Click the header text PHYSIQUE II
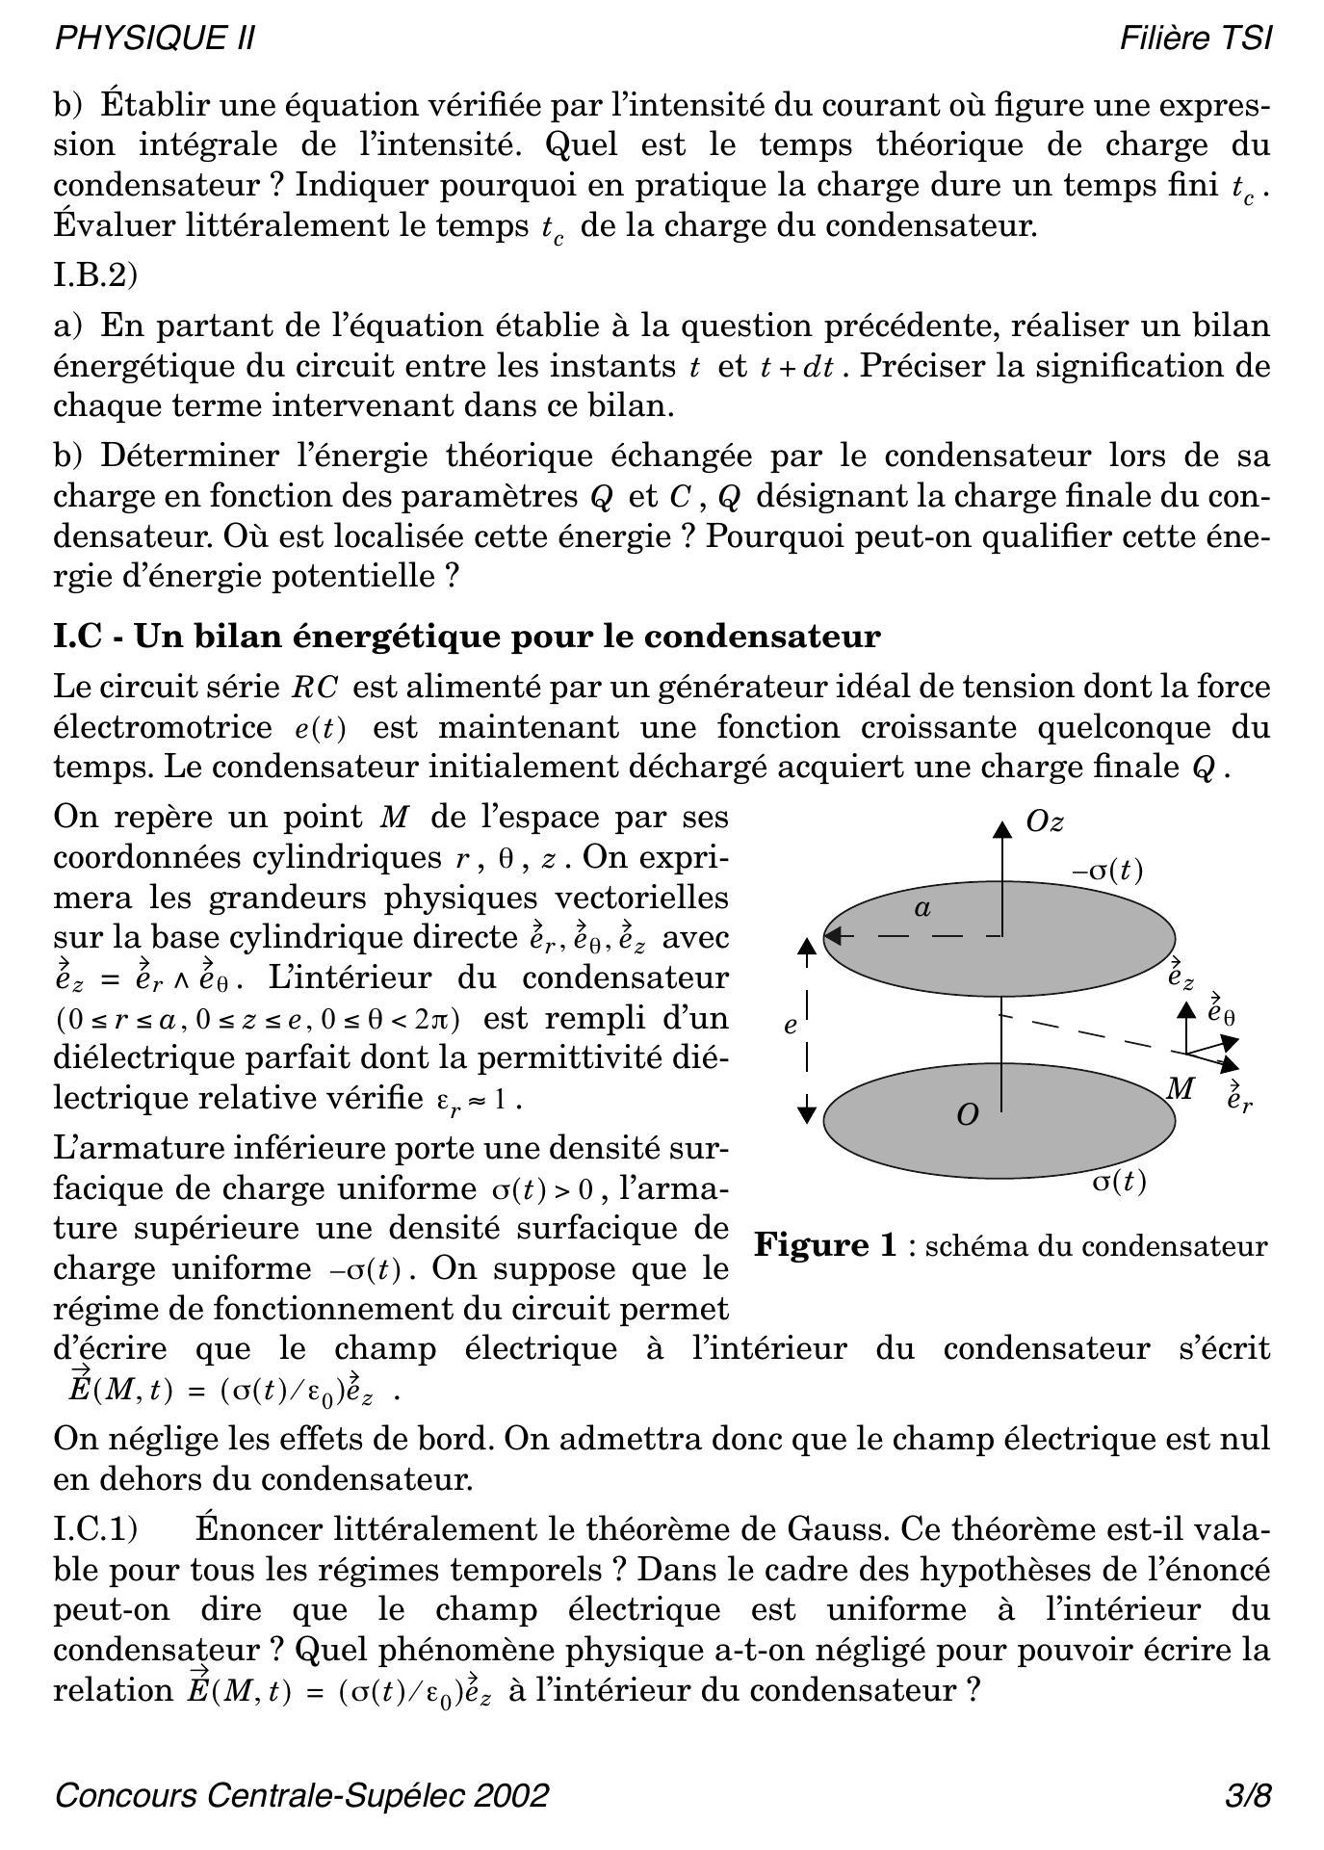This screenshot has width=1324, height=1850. coord(155,39)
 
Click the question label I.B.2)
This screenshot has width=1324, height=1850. coord(96,275)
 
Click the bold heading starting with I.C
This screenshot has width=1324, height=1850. coord(467,637)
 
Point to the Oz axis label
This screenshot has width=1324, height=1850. coord(1045,821)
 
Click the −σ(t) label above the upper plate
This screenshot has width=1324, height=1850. coord(1107,871)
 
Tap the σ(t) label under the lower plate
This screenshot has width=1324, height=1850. coord(1119,1181)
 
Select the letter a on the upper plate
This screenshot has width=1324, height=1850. coord(922,907)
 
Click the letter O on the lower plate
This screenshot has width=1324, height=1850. coord(968,1115)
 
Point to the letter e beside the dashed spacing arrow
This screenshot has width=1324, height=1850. coord(791,1026)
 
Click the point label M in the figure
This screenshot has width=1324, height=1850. coord(1181,1089)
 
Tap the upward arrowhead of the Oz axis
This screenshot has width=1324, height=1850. coord(1002,828)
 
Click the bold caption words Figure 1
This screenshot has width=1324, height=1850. coord(825,1245)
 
